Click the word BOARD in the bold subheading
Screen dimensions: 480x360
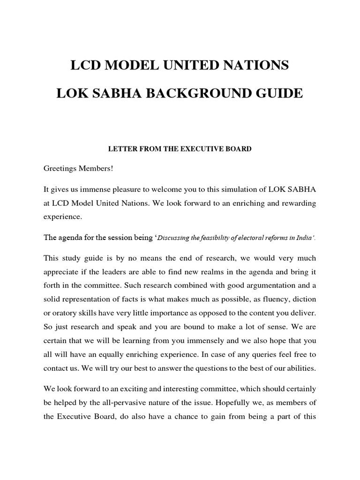tap(238, 149)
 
